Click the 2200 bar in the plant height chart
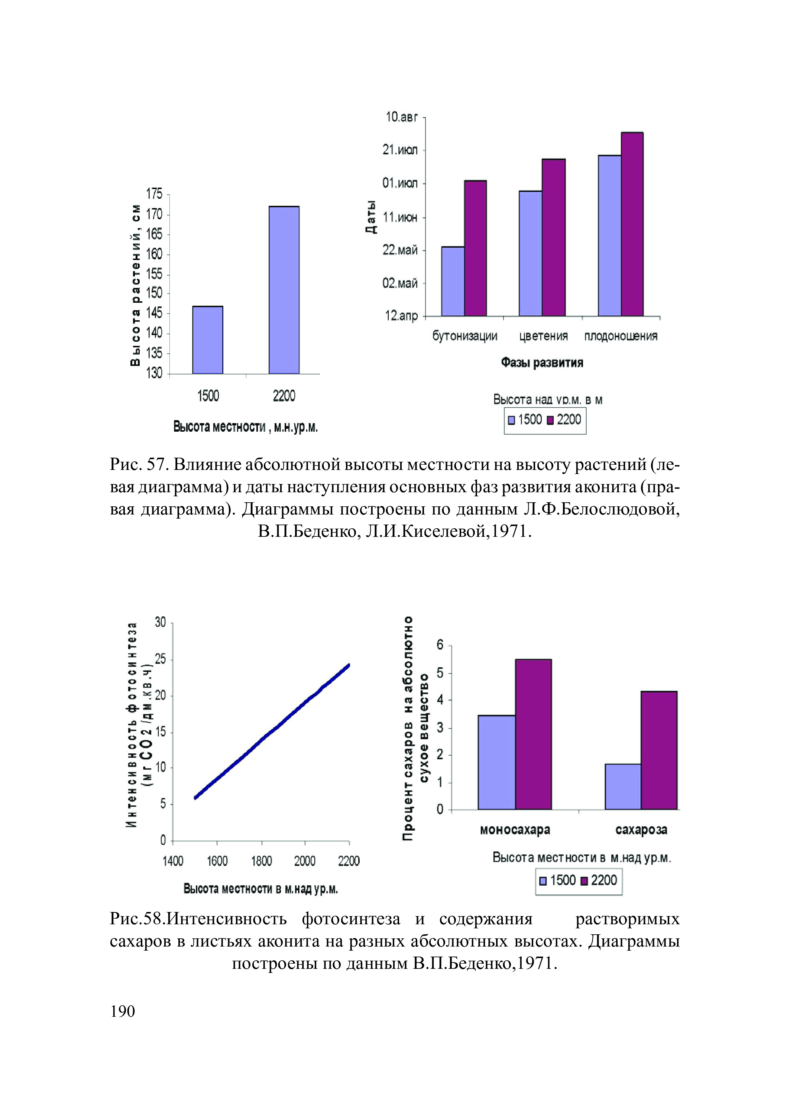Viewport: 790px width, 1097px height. coord(284,290)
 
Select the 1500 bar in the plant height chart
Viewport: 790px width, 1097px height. coord(208,340)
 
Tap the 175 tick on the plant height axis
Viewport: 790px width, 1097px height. coord(154,194)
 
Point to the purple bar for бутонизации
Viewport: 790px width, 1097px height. coord(476,248)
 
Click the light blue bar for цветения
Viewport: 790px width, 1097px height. coord(530,253)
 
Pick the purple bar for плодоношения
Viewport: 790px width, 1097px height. coord(632,224)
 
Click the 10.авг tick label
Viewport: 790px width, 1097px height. coord(401,117)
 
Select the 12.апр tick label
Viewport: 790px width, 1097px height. coord(401,317)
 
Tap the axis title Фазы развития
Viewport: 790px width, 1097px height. coord(542,363)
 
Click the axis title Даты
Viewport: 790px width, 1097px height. coord(370,217)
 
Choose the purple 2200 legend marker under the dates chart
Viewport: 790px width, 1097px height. coord(550,420)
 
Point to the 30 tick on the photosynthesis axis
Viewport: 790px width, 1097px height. coord(160,623)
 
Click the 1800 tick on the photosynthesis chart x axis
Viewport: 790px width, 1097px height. coord(261,861)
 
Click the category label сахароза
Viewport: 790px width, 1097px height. coord(641,830)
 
